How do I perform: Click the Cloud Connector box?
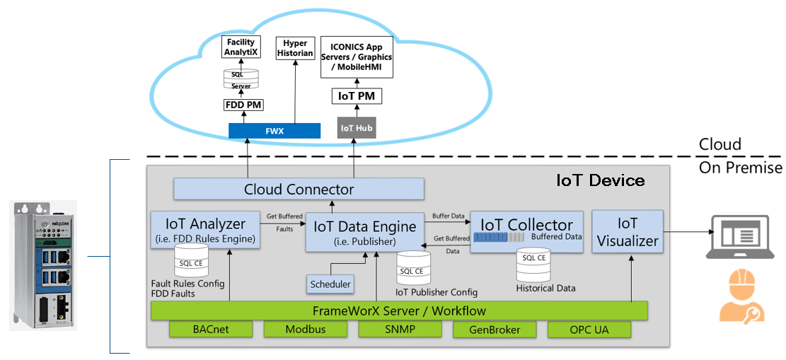click(x=299, y=189)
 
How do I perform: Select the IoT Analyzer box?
click(x=205, y=229)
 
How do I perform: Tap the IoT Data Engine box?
click(x=365, y=231)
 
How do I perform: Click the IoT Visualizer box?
click(x=628, y=233)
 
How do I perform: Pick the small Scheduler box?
click(x=330, y=284)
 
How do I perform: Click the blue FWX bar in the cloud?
click(x=274, y=131)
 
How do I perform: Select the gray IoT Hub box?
click(x=357, y=128)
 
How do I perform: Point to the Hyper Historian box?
click(x=296, y=47)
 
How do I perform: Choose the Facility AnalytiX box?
click(x=241, y=47)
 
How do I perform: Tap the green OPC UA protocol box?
click(x=589, y=330)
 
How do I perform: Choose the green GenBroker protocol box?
click(x=495, y=330)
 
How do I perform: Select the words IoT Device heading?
click(x=601, y=180)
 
